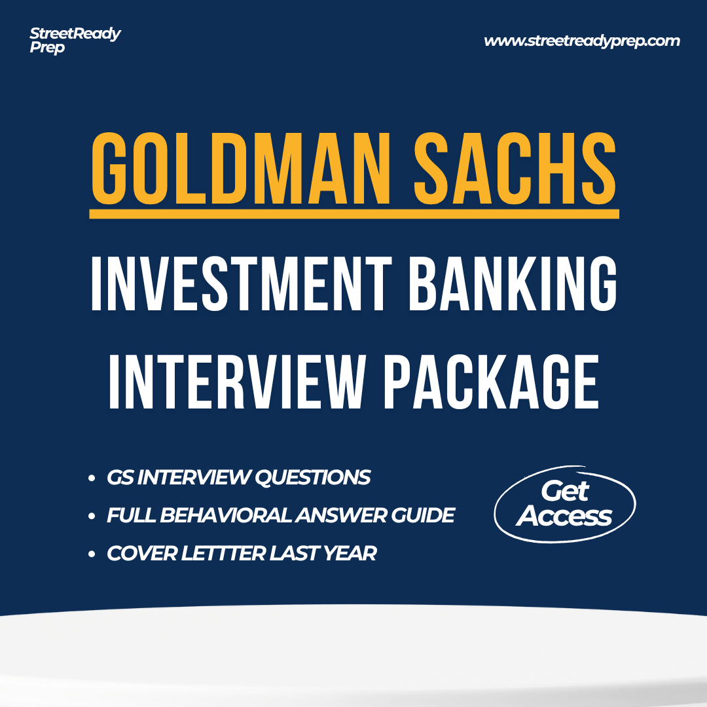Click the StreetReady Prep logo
click(75, 41)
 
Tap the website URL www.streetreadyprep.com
click(581, 41)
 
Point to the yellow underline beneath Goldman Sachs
click(354, 213)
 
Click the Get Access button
click(564, 503)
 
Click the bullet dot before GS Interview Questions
click(92, 479)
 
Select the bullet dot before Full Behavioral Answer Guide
click(92, 516)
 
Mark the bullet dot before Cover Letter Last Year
click(92, 554)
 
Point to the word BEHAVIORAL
click(226, 515)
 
